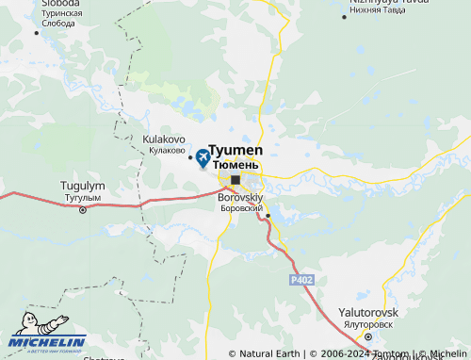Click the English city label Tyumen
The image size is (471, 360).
coord(235,151)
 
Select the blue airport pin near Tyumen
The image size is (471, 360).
coord(203,157)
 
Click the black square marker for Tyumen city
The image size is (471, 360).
coord(235,178)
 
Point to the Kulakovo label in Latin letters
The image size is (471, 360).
coord(163,139)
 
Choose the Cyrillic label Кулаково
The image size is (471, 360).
coord(166,150)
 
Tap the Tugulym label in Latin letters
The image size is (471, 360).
coord(82,187)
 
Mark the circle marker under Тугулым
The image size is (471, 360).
coord(82,210)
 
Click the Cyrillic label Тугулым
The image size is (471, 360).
coord(82,198)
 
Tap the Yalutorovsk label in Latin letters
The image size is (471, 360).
coord(369,312)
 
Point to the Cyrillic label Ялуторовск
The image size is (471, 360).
coord(368,323)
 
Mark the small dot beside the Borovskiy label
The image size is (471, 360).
coord(268,215)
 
